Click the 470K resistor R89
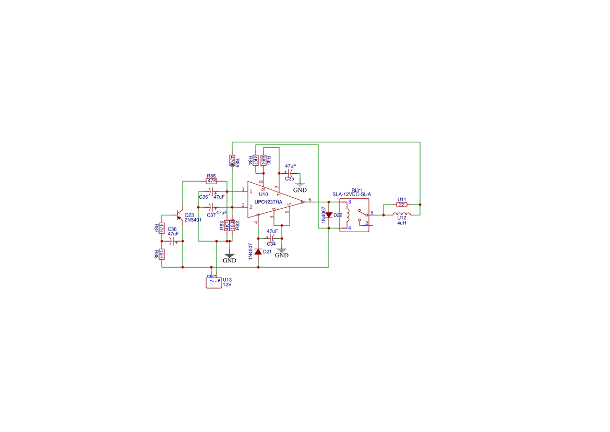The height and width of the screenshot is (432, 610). pos(232,160)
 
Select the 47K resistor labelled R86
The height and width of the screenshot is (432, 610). pos(211,181)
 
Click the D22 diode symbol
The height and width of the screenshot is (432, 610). pos(329,214)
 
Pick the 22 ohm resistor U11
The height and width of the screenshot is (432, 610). pos(401,205)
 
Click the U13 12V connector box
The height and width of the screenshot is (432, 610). pos(214,282)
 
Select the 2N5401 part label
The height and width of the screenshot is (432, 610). pos(193,220)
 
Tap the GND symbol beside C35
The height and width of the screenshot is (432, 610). pos(300,188)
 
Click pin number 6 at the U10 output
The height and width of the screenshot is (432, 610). pos(309,200)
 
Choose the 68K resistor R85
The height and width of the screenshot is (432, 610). pos(264,160)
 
